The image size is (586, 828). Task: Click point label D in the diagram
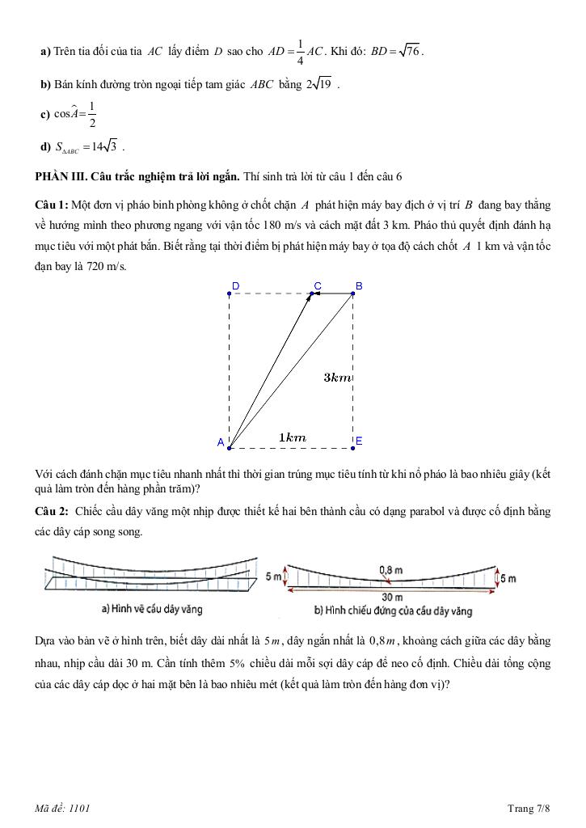pos(235,285)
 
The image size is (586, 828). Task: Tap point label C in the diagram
pos(318,285)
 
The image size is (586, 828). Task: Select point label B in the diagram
pos(359,285)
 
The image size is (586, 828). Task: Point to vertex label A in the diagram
pos(220,442)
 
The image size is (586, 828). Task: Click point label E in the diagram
pos(359,441)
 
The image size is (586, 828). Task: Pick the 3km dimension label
pos(337,378)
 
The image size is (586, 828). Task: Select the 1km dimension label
pos(292,437)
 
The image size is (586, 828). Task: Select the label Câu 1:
pos(52,204)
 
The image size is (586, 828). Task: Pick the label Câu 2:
pos(52,511)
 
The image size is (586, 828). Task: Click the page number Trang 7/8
pos(529,808)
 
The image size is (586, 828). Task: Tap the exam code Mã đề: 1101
pos(68,808)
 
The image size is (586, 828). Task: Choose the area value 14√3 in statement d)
pos(105,146)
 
